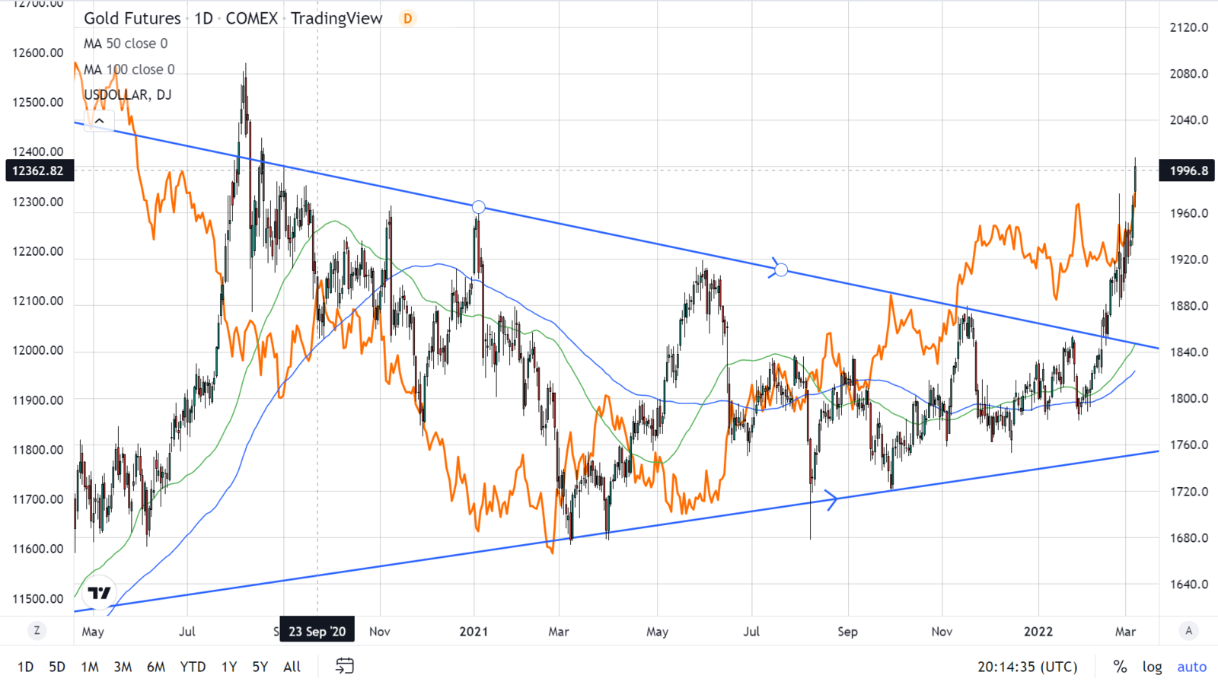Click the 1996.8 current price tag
(x=1187, y=170)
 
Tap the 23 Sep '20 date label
(x=317, y=631)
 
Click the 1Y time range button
(x=228, y=667)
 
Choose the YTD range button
(x=193, y=667)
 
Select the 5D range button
(x=57, y=667)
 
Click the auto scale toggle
(x=1191, y=667)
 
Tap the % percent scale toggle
(x=1120, y=667)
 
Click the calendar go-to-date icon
(x=345, y=666)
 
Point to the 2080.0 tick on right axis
(x=1188, y=74)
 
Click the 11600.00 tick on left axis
(x=38, y=549)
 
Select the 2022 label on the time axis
(x=1038, y=631)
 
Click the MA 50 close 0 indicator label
(x=126, y=43)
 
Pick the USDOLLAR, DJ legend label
(x=128, y=94)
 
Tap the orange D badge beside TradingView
(x=408, y=18)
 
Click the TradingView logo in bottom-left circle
(x=99, y=592)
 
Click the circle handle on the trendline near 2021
(x=478, y=207)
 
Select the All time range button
(x=292, y=667)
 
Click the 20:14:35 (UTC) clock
(x=1028, y=667)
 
